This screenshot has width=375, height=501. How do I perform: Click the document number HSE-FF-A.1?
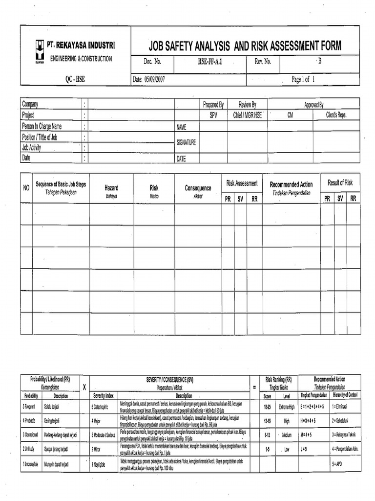(x=213, y=62)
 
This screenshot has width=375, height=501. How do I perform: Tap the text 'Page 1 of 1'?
(x=303, y=79)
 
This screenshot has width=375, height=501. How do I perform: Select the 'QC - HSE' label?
(x=75, y=79)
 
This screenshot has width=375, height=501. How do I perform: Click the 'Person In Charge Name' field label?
(x=42, y=126)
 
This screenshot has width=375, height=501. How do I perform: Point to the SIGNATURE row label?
(x=186, y=142)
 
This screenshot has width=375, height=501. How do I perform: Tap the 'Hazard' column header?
(x=111, y=187)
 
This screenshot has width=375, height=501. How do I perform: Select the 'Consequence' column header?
(x=198, y=188)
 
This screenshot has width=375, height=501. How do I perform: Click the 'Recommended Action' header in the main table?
(x=291, y=184)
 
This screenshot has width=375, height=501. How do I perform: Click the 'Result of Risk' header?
(x=340, y=182)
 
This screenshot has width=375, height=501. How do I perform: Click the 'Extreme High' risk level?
(x=287, y=407)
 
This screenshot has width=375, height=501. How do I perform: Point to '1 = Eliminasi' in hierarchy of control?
(x=345, y=407)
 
